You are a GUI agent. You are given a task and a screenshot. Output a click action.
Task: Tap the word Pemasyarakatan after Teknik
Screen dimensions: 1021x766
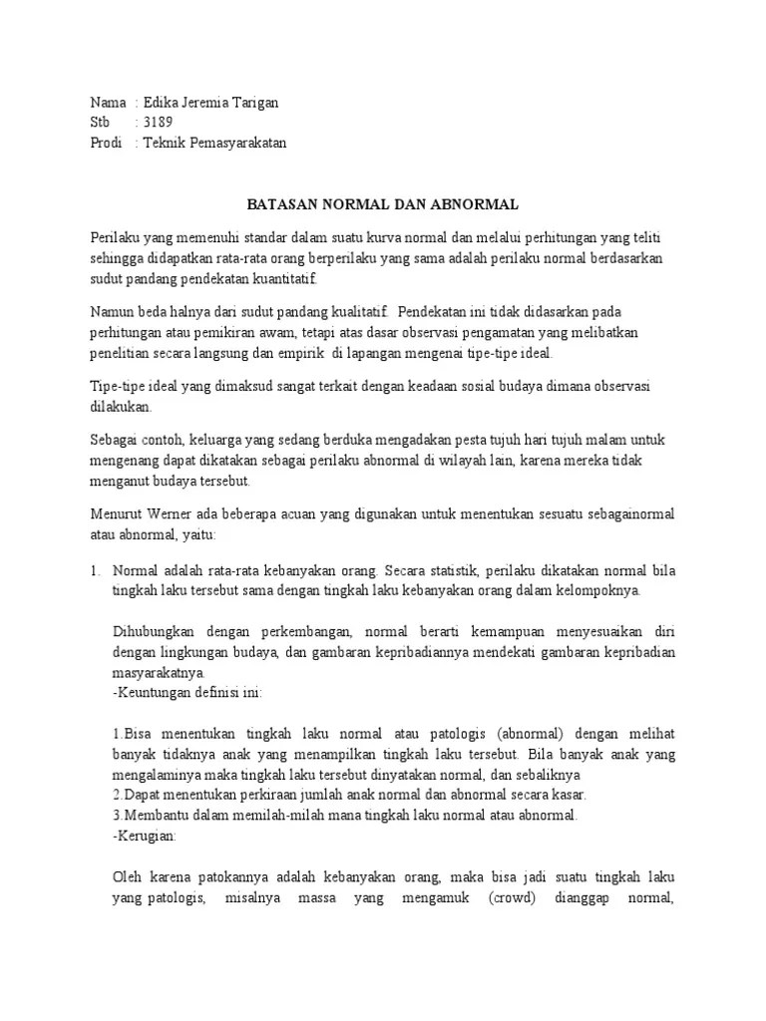(237, 143)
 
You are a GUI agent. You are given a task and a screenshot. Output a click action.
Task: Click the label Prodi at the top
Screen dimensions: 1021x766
(106, 143)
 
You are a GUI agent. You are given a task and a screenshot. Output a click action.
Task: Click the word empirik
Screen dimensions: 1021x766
(301, 352)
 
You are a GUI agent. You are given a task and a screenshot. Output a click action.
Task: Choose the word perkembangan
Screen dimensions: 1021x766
(298, 631)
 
